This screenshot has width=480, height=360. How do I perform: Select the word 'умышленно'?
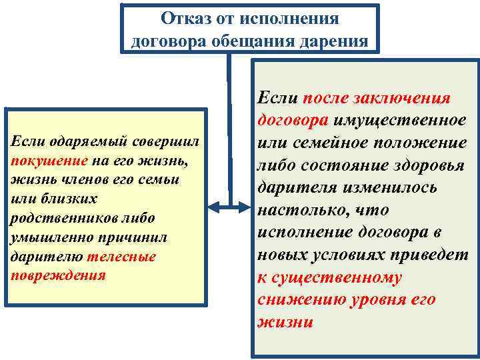[x=45, y=237]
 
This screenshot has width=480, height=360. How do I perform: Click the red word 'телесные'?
[x=129, y=257]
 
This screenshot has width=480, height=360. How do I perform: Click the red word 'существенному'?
[x=337, y=277]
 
